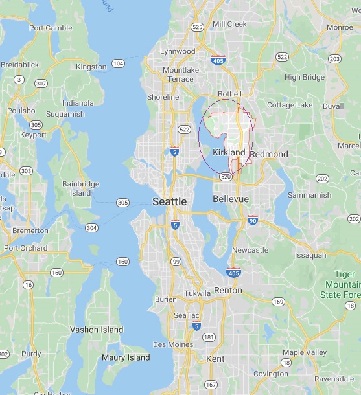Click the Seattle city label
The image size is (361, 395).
coord(169,201)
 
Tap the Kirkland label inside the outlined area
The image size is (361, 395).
coord(229,152)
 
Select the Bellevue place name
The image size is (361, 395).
coord(231,199)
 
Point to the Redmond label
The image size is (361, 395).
coord(269,154)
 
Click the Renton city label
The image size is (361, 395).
coord(227,290)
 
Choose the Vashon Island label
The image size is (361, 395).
coord(96,330)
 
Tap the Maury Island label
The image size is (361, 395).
coord(126,357)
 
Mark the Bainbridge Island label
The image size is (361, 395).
coord(80,188)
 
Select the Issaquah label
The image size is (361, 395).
coord(310,255)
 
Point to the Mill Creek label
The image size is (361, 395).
coord(229,24)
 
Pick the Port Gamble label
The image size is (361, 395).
coord(51,28)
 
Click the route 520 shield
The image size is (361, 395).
coord(226,176)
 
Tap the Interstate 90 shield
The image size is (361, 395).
coord(252,221)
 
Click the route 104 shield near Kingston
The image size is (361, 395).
coord(118,63)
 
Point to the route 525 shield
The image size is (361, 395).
coord(198,27)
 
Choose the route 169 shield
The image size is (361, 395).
coord(277,301)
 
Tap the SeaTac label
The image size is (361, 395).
coord(182,315)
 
